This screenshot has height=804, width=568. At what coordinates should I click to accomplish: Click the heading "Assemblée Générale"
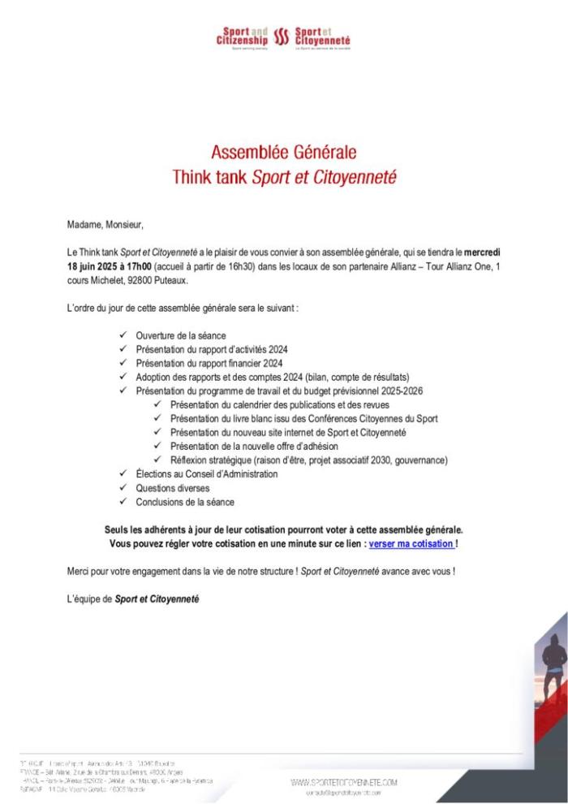coord(284,152)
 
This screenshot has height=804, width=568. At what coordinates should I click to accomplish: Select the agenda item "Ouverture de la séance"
coord(181,335)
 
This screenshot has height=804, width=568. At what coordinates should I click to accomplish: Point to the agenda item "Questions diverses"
coord(173,488)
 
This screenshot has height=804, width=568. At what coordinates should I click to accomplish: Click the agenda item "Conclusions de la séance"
coord(185,502)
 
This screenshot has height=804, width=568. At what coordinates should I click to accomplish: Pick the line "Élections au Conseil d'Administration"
coord(207,474)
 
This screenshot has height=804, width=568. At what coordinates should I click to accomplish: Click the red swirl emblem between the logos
coord(282,37)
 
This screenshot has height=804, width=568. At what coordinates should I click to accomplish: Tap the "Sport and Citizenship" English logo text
coord(243,37)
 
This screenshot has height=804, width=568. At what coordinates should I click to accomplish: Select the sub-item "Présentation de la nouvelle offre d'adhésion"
coord(254,446)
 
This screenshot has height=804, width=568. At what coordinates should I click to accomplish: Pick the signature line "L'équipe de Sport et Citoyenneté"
coord(132,599)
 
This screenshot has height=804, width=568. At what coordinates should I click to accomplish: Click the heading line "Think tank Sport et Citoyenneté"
coord(284,176)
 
